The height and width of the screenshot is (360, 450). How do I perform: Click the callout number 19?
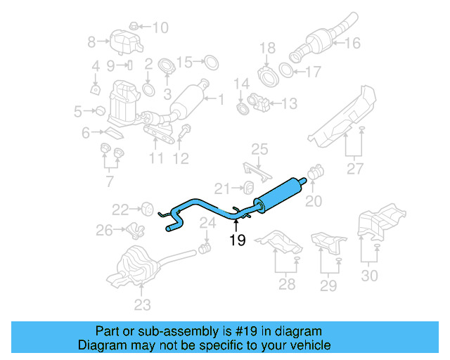click(x=237, y=241)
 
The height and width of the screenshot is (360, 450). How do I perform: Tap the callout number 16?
click(x=352, y=44)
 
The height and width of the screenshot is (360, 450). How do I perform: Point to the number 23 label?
click(x=142, y=304)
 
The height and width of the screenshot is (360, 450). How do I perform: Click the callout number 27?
click(x=355, y=169)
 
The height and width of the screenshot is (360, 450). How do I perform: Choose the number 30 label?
click(x=369, y=275)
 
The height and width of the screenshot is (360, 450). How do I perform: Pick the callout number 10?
click(x=160, y=28)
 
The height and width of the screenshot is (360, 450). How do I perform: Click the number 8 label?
click(x=91, y=43)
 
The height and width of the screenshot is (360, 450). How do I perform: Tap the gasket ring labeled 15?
click(x=209, y=63)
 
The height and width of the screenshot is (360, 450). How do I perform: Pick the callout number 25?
click(x=260, y=149)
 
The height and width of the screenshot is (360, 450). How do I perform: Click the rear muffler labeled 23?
click(x=134, y=266)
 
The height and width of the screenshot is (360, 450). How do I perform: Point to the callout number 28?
click(x=287, y=284)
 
